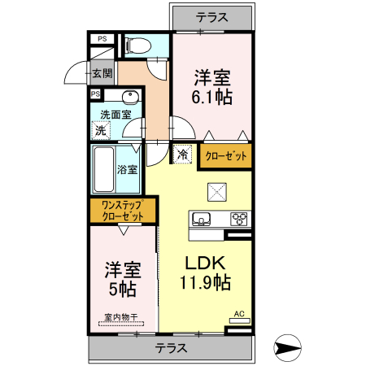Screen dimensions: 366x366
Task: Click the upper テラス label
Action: [211, 16]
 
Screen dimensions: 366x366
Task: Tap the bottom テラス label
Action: [171, 348]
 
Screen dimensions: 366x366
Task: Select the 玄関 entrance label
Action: [102, 73]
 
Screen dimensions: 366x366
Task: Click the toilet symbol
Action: [135, 44]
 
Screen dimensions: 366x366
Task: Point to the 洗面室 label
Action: [115, 115]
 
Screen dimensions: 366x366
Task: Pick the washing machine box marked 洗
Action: [100, 130]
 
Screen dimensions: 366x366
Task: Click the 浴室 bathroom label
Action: [127, 170]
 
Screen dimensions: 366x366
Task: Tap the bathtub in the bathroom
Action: [102, 170]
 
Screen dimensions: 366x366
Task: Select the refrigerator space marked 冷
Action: [182, 154]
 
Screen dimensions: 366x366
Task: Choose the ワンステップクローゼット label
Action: [122, 211]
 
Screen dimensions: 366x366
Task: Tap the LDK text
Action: [203, 264]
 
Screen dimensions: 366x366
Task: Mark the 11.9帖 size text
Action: [204, 283]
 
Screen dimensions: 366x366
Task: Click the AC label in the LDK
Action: [239, 313]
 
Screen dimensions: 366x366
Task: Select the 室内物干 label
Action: [119, 318]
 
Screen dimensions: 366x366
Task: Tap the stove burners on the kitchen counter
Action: [239, 217]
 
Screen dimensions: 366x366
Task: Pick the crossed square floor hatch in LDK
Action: [217, 193]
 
